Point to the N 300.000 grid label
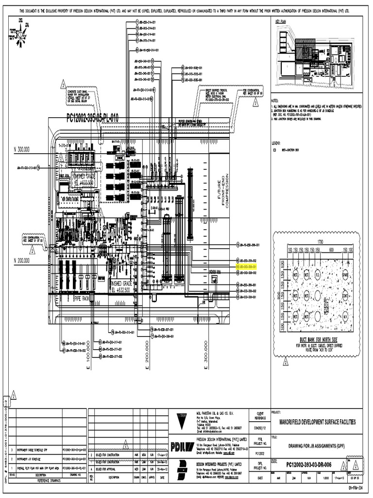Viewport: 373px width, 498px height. click(22, 150)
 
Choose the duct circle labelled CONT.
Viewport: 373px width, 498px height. click(345, 295)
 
